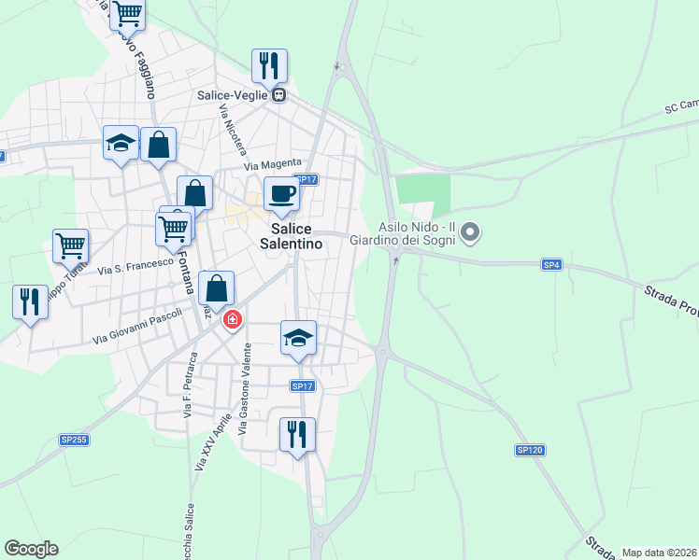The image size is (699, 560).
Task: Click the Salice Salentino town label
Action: (297, 236)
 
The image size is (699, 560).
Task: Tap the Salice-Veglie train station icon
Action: (278, 94)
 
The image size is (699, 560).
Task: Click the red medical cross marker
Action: (232, 320)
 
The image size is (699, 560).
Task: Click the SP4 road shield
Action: (551, 265)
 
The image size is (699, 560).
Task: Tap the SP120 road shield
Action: (529, 450)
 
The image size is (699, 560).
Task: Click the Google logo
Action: (31, 549)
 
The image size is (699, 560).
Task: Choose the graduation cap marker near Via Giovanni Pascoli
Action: (299, 338)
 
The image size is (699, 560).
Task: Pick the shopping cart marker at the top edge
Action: (126, 14)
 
